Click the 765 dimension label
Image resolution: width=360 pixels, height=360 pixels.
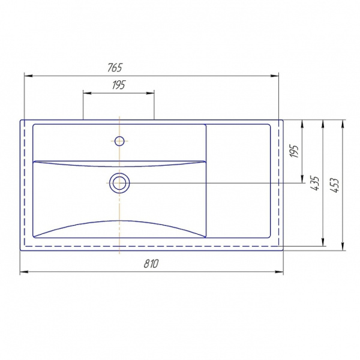[x=115, y=67]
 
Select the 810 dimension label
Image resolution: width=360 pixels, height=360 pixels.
[x=151, y=263]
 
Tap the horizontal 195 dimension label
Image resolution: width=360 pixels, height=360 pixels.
[x=119, y=85]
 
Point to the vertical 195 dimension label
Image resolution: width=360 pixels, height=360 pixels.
[x=295, y=151]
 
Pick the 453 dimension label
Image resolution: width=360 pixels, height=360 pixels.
[x=334, y=185]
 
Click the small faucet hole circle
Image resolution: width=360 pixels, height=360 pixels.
[x=119, y=141]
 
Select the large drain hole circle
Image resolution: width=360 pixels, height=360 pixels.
[x=119, y=183]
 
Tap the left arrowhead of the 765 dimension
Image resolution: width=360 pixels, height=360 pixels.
[x=29, y=76]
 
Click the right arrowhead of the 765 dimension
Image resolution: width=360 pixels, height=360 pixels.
[x=274, y=76]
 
